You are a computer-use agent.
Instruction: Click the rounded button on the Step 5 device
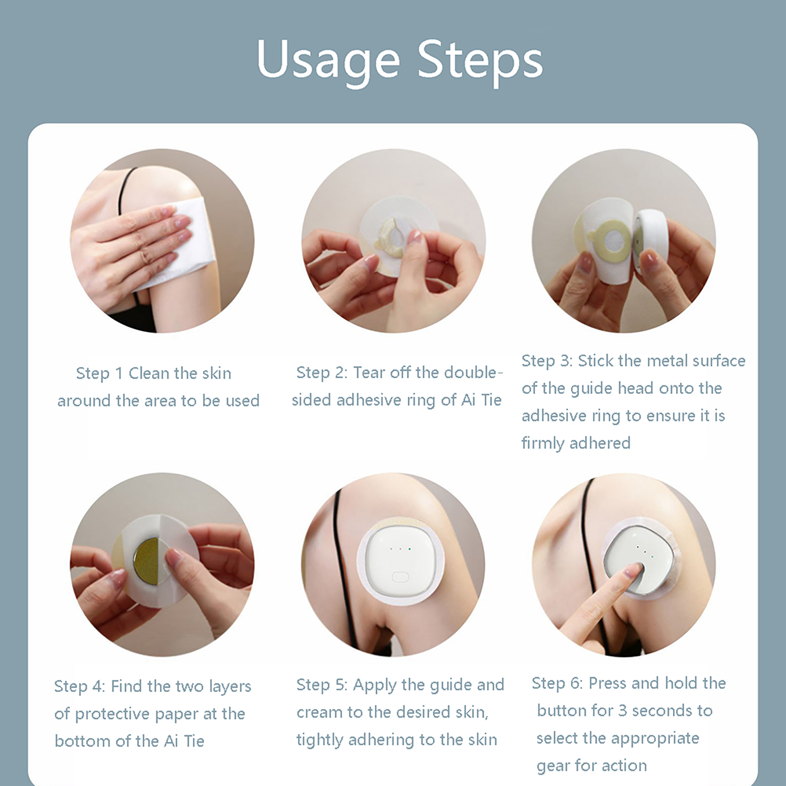pos(400,576)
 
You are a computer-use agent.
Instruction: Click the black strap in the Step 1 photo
pos(129,182)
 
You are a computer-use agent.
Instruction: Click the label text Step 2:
pos(322,372)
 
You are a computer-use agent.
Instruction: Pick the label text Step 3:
pos(547,361)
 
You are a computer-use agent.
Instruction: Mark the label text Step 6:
pos(557,683)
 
